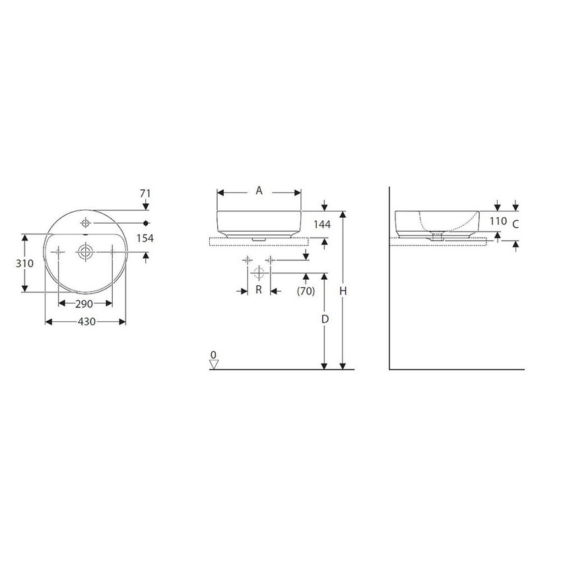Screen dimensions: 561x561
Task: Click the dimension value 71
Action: (x=146, y=193)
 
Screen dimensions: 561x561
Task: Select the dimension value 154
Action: (x=145, y=238)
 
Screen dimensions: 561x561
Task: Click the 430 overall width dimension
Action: (x=85, y=321)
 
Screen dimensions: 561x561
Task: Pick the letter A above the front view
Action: (x=259, y=191)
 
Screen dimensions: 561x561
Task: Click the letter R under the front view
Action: (x=259, y=290)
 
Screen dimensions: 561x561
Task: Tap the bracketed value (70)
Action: (x=306, y=290)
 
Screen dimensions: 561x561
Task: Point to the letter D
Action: (x=324, y=319)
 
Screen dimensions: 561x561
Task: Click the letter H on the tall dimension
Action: (x=343, y=291)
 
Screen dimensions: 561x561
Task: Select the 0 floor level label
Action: (x=213, y=355)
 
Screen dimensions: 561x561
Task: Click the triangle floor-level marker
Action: (x=213, y=364)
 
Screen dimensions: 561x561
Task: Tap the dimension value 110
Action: (x=498, y=222)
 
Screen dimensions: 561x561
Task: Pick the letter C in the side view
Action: (x=516, y=224)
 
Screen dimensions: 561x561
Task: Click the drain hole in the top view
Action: (x=85, y=251)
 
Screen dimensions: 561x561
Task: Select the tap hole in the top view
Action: (x=85, y=220)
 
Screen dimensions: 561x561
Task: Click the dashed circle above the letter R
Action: (x=259, y=273)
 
